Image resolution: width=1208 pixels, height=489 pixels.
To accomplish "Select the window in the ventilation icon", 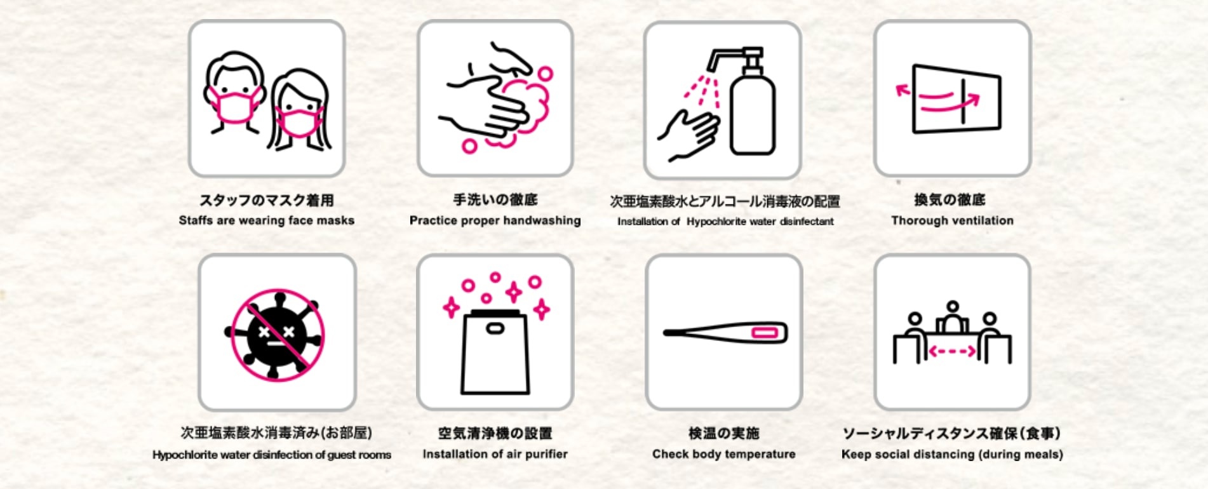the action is click(x=956, y=99).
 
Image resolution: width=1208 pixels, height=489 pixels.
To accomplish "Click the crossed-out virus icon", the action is click(x=277, y=334).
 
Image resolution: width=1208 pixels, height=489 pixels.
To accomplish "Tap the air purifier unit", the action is click(x=495, y=352).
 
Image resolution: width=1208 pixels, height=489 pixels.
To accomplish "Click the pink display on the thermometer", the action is click(x=765, y=333).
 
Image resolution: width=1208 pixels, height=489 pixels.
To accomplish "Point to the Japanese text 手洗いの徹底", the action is click(x=495, y=200).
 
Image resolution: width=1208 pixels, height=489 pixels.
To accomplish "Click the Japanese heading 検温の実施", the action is click(x=724, y=433).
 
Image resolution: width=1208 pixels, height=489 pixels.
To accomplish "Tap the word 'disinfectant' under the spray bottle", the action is click(x=807, y=222).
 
